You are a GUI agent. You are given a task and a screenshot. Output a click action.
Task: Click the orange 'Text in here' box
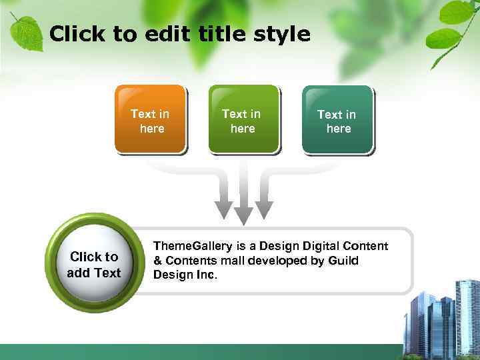pyautogui.click(x=150, y=120)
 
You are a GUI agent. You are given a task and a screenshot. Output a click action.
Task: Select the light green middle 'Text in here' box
pyautogui.click(x=243, y=120)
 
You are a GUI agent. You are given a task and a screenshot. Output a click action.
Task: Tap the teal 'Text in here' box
pyautogui.click(x=337, y=121)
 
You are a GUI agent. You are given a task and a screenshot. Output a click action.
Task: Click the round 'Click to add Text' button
pyautogui.click(x=94, y=265)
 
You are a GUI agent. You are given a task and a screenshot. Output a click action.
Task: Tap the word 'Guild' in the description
pyautogui.click(x=344, y=260)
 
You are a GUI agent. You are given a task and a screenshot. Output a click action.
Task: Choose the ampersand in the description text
pyautogui.click(x=158, y=260)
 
